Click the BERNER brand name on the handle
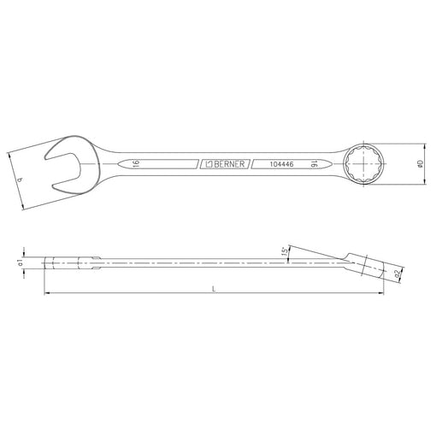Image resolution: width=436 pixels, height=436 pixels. [229, 164]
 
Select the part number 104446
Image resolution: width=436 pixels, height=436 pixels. [281, 164]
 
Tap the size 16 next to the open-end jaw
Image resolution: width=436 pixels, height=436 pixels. [137, 163]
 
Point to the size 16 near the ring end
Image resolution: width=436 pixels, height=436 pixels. [314, 164]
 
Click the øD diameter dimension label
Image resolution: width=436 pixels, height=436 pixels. [420, 164]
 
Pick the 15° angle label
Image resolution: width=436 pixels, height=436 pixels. [285, 251]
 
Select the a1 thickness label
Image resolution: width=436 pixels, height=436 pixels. [20, 263]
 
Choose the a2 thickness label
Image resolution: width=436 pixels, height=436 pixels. [397, 274]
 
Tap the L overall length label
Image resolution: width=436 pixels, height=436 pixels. [214, 289]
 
